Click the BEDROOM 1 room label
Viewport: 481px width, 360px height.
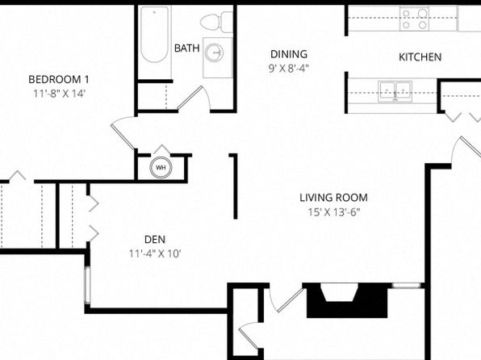tap(59, 79)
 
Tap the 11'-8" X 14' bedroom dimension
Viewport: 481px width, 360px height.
tap(59, 94)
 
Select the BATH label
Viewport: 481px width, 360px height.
tap(186, 48)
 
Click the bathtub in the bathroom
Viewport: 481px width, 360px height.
tap(155, 35)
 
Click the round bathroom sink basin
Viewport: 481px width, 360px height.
tap(214, 52)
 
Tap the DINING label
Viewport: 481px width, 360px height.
tap(289, 54)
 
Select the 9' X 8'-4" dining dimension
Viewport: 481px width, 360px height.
tap(288, 68)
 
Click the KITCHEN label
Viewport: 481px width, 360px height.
tap(420, 57)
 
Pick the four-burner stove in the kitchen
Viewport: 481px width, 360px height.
tap(414, 19)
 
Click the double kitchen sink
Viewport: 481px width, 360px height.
tap(395, 91)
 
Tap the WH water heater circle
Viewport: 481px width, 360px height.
tap(161, 168)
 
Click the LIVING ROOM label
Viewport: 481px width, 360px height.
tap(333, 198)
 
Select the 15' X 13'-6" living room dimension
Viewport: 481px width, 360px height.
tap(333, 212)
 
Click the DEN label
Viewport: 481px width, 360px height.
tap(155, 240)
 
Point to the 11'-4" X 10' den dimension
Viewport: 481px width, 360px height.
tap(155, 253)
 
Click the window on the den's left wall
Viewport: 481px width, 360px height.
tap(87, 286)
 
